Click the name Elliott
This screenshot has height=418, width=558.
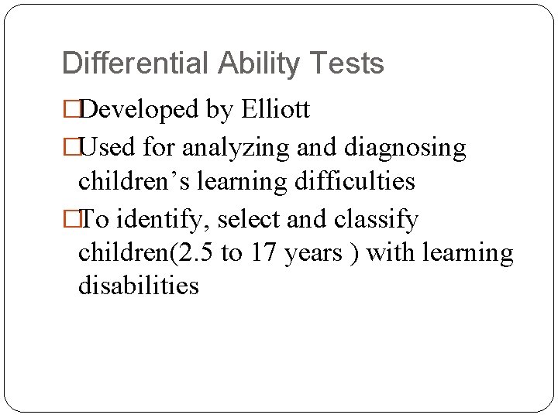pos(275,110)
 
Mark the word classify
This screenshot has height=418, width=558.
pos(376,220)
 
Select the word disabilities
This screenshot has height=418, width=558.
pos(139,286)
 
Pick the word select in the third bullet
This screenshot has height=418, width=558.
pos(250,220)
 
